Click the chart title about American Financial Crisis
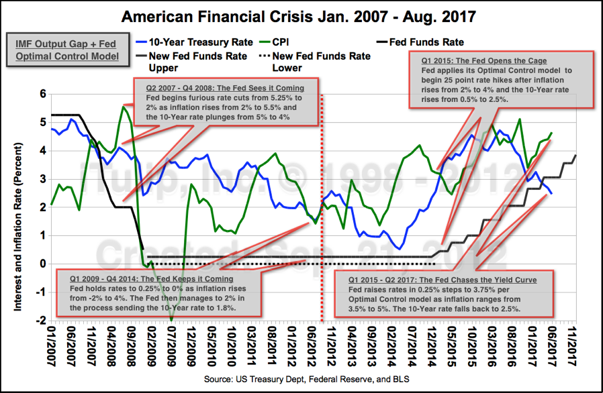pyautogui.click(x=301, y=15)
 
